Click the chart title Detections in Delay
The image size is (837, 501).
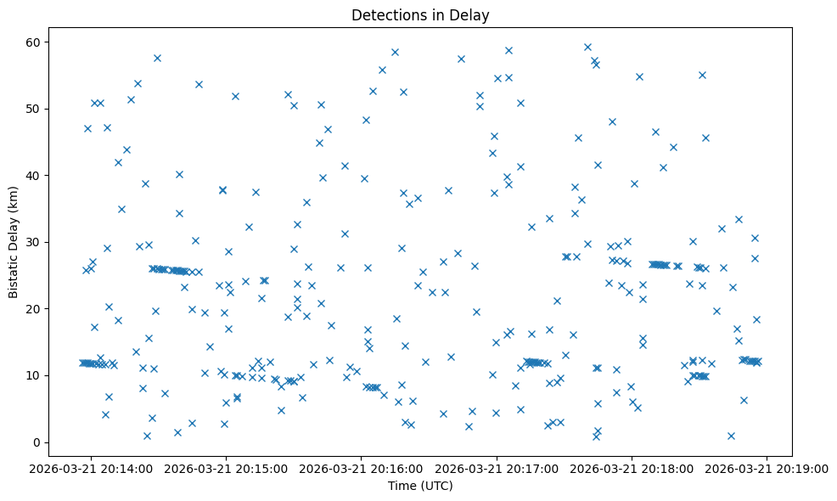pyautogui.click(x=420, y=15)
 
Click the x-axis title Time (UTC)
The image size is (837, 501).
pyautogui.click(x=420, y=487)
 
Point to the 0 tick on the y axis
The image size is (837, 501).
pyautogui.click(x=37, y=442)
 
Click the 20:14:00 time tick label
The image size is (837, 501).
pyautogui.click(x=92, y=468)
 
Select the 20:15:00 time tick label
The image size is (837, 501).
pyautogui.click(x=227, y=468)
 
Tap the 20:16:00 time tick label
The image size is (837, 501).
pyautogui.click(x=362, y=468)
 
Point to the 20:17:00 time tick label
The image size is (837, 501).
pyautogui.click(x=497, y=468)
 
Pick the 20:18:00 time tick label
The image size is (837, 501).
pyautogui.click(x=632, y=468)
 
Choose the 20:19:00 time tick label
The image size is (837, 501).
pyautogui.click(x=767, y=468)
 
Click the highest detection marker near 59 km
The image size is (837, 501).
pyautogui.click(x=587, y=48)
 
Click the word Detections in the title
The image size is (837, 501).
pyautogui.click(x=385, y=15)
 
